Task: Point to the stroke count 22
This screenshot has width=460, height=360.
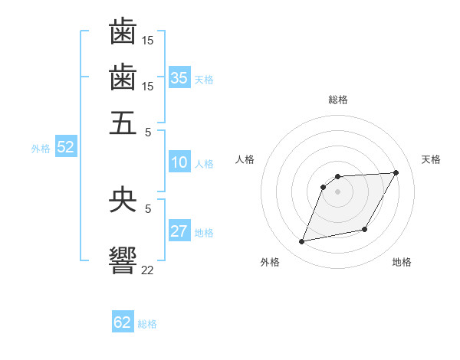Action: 148,269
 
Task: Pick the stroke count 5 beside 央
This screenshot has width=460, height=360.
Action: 148,208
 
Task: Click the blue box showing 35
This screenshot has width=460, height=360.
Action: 179,77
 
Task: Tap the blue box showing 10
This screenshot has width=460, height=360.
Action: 179,162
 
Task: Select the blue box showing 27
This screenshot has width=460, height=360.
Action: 179,231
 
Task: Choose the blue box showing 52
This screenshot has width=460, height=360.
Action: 65,147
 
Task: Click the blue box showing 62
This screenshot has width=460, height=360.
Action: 123,322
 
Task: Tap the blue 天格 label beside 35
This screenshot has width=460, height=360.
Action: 204,79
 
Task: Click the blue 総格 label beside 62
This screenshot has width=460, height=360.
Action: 147,324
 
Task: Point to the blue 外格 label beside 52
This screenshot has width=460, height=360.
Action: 41,149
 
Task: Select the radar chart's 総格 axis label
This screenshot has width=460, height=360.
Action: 338,100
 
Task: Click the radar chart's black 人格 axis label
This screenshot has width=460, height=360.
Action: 245,159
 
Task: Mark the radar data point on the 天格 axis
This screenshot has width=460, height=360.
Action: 396,172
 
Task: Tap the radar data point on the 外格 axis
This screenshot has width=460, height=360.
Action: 302,242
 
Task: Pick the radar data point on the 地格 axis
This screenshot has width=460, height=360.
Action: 365,230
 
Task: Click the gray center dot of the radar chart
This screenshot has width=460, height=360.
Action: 337,191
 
